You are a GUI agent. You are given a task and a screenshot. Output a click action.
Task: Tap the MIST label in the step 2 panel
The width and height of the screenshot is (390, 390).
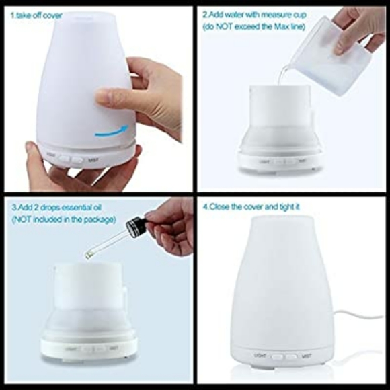(x=300, y=161)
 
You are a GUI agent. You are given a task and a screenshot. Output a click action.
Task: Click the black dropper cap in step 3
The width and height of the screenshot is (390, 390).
(x=136, y=227)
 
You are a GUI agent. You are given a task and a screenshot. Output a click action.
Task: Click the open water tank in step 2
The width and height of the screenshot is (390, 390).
(x=278, y=108)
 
